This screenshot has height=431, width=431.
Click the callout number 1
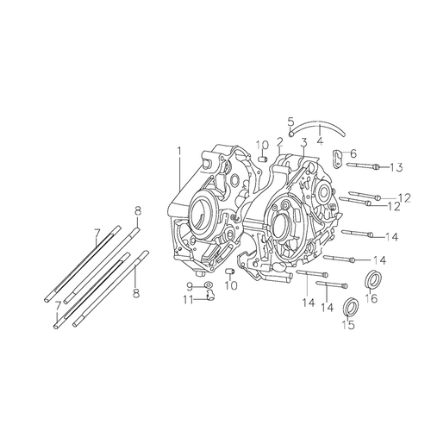click(x=179, y=151)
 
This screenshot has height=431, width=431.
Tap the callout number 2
click(x=280, y=141)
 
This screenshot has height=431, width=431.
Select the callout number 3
click(x=303, y=142)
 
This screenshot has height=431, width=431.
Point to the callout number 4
click(x=320, y=141)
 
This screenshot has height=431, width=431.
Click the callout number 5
click(x=291, y=122)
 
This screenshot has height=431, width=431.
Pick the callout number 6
click(x=353, y=153)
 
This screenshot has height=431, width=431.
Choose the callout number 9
click(x=190, y=286)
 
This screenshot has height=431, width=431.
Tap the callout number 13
click(x=397, y=167)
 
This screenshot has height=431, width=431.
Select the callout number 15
click(x=348, y=325)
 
